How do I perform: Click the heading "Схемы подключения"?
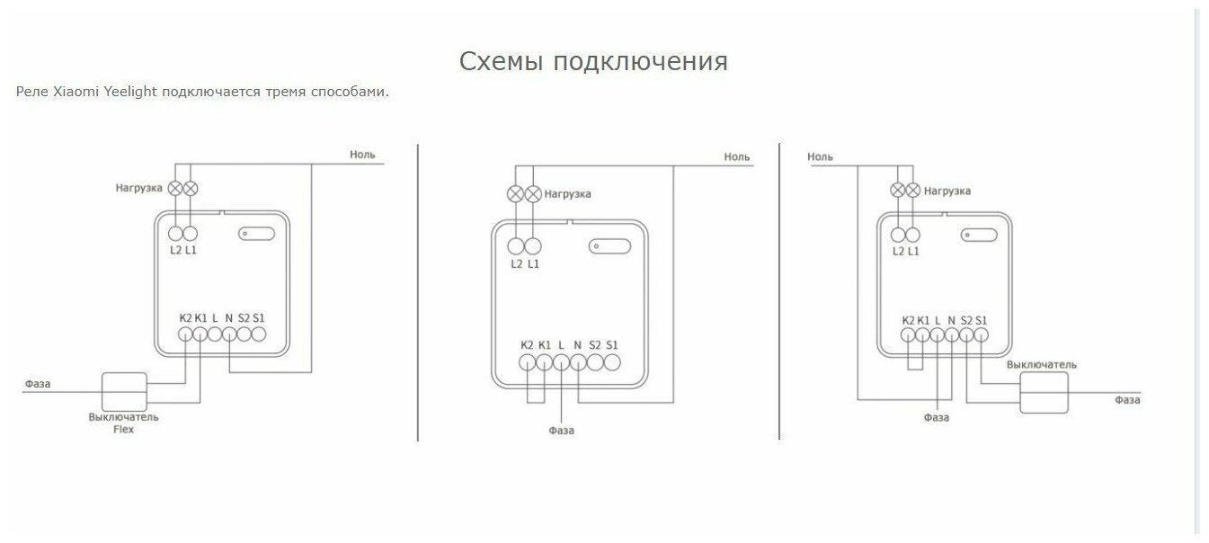tap(593, 61)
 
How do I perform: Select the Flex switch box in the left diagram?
tap(123, 391)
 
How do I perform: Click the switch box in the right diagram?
tap(1045, 394)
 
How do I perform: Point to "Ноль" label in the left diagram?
tap(362, 155)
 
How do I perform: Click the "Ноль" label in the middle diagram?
tap(737, 157)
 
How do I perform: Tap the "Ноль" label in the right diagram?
tap(820, 157)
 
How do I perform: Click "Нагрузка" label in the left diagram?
tap(138, 188)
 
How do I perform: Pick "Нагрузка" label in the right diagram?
tap(947, 191)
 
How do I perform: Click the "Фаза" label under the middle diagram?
tap(561, 431)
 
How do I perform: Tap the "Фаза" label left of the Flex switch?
tap(38, 384)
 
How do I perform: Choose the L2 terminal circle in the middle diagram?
tap(516, 246)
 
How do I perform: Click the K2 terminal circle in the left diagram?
tap(185, 334)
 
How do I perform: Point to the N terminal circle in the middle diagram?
tap(578, 362)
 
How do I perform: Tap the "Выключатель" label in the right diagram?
tap(1041, 365)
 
